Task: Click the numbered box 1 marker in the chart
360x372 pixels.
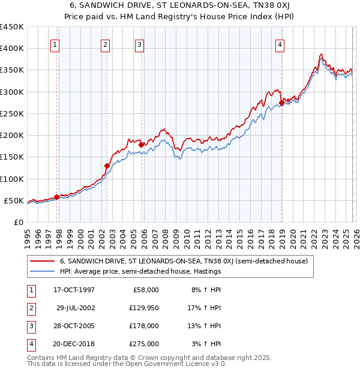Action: pos(55,44)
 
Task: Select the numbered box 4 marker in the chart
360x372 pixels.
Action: pos(280,44)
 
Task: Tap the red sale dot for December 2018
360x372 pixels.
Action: pos(281,103)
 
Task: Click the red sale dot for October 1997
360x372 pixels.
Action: pos(57,197)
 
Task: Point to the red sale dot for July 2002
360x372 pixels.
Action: pos(107,166)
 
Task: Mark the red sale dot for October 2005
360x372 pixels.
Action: pos(142,145)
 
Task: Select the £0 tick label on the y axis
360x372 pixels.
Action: pos(18,222)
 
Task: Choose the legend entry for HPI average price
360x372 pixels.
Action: pos(140,271)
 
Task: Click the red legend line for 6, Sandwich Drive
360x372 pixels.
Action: pos(43,261)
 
